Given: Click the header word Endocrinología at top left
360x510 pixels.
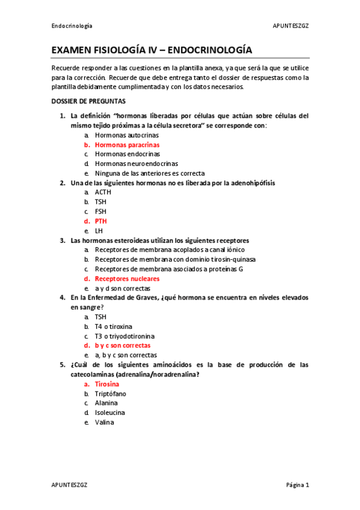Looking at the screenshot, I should tap(72, 26).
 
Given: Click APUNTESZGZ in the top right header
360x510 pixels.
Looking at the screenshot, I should tap(291, 26).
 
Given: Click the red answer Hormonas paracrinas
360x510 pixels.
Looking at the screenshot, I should tap(127, 145).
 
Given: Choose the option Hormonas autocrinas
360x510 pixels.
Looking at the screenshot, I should tap(123, 136).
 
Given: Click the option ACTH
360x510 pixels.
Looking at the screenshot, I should tap(103, 192).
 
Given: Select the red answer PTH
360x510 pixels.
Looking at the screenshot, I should tap(101, 221).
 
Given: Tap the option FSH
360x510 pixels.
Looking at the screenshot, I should tap(101, 212).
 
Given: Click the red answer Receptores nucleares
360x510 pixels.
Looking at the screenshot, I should tap(127, 279).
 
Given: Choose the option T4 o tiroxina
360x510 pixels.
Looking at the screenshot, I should tap(114, 327).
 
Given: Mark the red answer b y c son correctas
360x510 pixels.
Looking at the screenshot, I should tap(123, 346).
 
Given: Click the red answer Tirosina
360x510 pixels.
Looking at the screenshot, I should tap(107, 384).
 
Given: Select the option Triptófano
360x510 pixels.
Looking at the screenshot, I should tap(110, 393).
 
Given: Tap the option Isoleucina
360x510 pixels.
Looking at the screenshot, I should tap(110, 413).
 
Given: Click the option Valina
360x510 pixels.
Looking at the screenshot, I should tap(103, 422).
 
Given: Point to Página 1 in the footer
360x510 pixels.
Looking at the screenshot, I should tap(297, 485).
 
